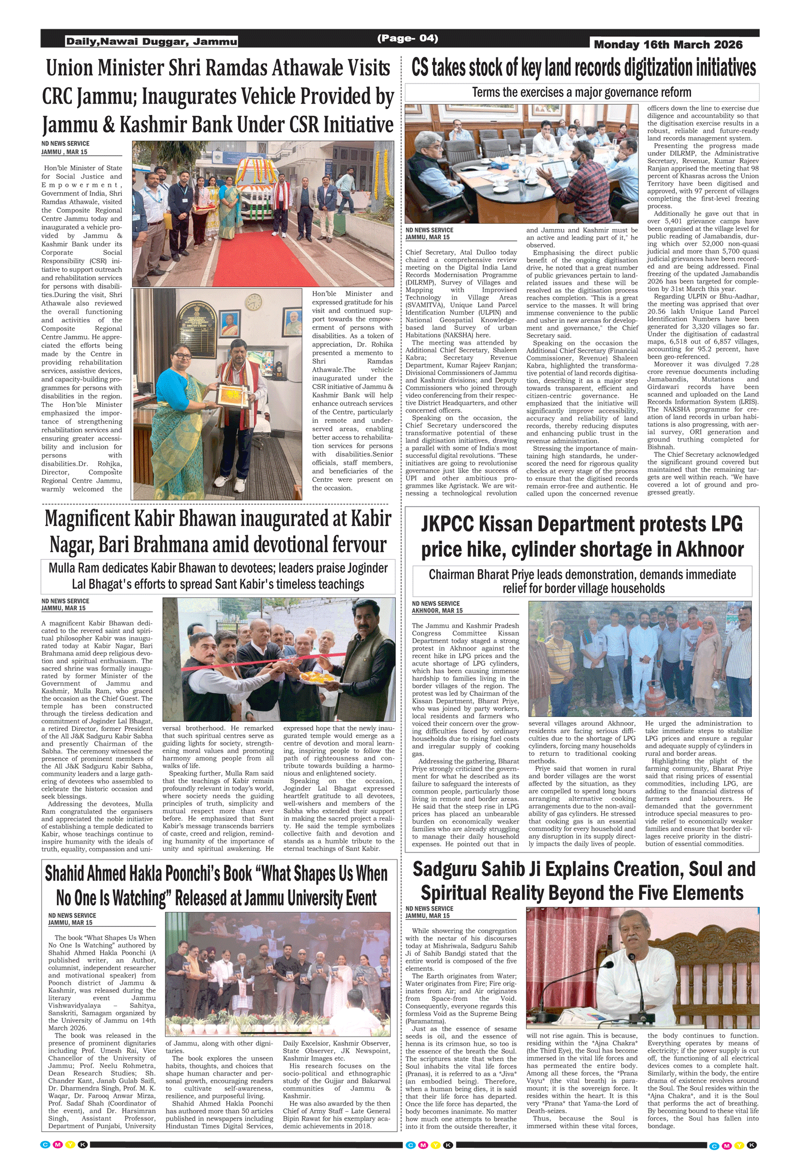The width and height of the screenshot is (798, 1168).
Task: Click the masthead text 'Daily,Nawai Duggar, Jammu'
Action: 151,41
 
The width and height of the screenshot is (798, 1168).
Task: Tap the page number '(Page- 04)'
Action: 408,38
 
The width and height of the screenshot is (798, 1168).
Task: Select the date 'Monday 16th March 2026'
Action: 668,45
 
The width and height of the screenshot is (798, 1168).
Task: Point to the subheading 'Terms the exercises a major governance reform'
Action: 581,93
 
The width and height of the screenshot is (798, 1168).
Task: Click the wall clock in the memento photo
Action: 254,302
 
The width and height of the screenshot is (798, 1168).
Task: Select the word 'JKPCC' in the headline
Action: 447,524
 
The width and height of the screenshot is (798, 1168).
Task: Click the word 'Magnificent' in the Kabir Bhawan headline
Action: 87,519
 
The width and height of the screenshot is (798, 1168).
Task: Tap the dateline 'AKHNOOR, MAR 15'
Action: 437,611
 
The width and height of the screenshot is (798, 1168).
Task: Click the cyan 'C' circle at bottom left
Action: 46,1145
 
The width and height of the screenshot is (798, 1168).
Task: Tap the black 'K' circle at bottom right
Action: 752,1145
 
